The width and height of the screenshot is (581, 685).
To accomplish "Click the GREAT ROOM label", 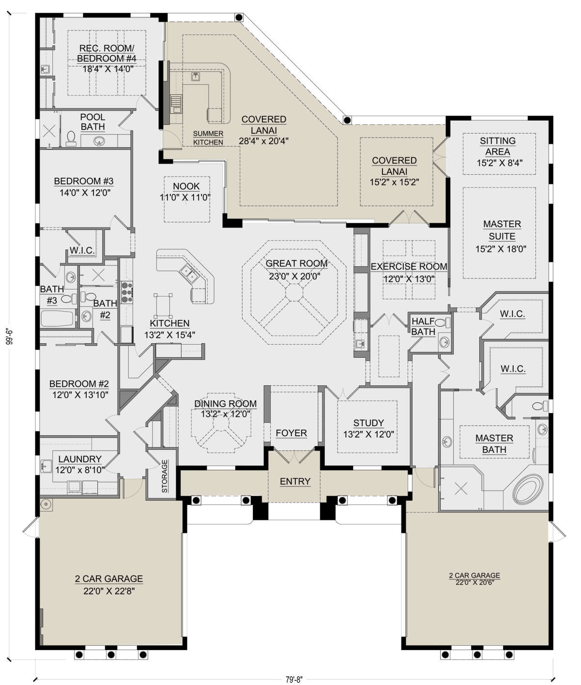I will pos(296,264).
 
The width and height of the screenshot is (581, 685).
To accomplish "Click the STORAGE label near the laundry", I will pos(165,476).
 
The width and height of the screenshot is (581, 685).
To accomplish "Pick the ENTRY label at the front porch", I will pos(295,481).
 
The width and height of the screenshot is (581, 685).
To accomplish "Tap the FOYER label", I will pos(291,433).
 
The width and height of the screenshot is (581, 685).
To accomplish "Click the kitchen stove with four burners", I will pos(126,292).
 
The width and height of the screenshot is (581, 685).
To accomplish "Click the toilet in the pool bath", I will pos(71,139).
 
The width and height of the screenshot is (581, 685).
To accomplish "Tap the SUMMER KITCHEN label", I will pos(208,138).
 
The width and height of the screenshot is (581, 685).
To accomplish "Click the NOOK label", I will pos(186,186).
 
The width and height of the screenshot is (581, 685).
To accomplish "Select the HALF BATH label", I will pos(423,327).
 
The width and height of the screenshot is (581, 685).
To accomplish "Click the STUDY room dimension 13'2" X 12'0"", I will pos(368,435).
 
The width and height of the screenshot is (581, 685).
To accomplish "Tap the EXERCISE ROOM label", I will pos(409,267).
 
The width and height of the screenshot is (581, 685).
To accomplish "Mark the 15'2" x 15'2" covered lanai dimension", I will pos(394,182).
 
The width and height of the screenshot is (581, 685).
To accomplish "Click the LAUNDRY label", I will pos(80,459).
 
